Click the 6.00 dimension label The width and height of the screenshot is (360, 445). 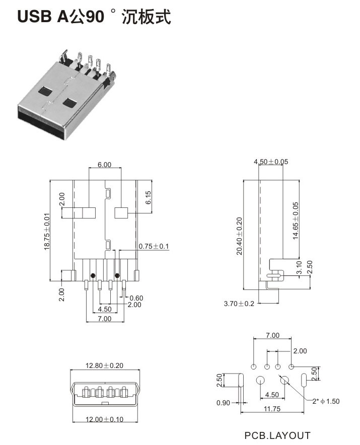[104, 165]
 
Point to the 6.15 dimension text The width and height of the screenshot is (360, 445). [149, 197]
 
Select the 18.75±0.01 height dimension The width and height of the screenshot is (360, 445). [47, 231]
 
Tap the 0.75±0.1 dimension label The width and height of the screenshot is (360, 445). [154, 246]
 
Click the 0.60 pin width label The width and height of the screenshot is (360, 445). [136, 298]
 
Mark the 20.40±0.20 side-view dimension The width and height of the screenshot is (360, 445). [239, 236]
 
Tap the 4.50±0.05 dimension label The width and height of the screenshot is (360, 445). [271, 162]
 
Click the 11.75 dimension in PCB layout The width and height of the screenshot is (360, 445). [272, 409]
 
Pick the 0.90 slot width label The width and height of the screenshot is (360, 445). [224, 402]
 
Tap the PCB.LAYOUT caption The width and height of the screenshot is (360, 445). [277, 435]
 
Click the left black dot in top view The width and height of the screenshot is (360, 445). [93, 275]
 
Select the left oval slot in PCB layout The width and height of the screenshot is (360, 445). [241, 380]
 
